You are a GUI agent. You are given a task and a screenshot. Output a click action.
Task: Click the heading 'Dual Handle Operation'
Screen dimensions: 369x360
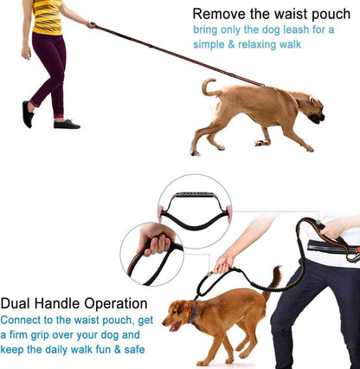(74, 304)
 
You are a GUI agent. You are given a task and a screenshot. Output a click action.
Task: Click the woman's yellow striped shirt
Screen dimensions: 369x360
(47, 16)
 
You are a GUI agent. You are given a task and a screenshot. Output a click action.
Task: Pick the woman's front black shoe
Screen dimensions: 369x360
(67, 124)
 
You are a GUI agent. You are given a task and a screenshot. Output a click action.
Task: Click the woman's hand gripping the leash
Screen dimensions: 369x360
(91, 25)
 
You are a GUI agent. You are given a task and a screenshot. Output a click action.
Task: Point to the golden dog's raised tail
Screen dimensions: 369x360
(273, 279)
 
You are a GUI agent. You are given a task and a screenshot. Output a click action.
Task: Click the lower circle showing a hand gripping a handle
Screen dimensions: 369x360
(152, 253)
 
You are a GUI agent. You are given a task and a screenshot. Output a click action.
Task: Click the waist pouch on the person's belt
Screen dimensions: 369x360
(334, 249)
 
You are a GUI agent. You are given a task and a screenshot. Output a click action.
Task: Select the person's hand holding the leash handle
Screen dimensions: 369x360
(225, 262)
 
